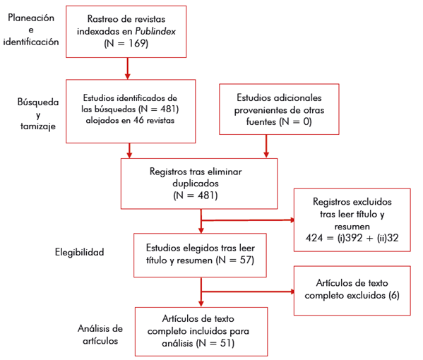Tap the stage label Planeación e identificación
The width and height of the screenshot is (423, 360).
tap(30, 30)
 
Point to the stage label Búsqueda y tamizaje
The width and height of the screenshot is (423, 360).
tap(37, 114)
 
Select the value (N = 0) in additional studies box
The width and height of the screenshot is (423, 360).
tap(292, 121)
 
